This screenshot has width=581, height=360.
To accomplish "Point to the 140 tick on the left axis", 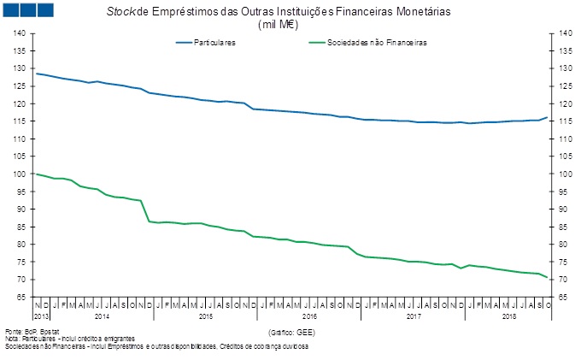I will [19, 33].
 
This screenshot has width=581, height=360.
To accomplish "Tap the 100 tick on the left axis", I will [19, 174].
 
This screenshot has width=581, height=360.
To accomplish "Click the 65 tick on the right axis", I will [565, 298].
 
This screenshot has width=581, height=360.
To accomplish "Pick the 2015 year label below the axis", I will [205, 316].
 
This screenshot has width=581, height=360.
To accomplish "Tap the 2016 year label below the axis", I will [309, 316].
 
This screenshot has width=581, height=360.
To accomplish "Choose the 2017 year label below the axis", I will [413, 316].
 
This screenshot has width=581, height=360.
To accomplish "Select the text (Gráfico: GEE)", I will [292, 331].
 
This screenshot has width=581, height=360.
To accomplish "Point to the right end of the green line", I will [548, 277].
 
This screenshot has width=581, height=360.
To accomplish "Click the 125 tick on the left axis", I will [19, 86].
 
